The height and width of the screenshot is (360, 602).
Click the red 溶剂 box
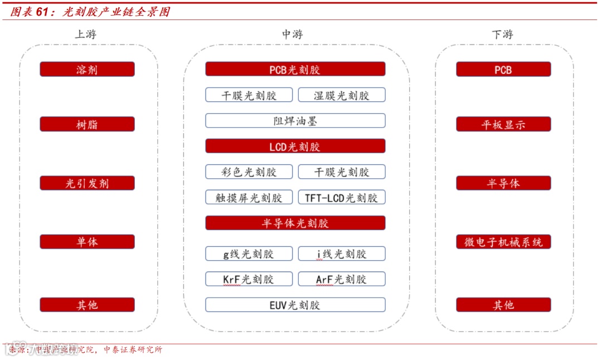(x=87, y=70)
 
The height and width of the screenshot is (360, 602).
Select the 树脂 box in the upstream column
(x=87, y=124)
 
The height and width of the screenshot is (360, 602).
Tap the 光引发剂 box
(x=87, y=183)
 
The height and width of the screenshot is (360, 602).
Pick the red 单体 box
(x=87, y=242)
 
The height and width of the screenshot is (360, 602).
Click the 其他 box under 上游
(x=87, y=305)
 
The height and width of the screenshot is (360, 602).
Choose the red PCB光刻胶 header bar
(x=295, y=70)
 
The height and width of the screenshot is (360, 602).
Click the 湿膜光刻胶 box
(x=342, y=95)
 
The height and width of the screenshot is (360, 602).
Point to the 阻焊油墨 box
(x=295, y=121)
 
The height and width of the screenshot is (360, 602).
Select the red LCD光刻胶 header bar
(x=295, y=147)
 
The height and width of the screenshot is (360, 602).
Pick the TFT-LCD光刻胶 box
(x=342, y=198)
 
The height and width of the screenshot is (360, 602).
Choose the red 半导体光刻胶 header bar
(x=295, y=223)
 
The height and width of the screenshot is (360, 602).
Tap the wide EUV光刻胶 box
(x=295, y=305)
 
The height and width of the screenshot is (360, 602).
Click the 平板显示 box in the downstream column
(x=503, y=124)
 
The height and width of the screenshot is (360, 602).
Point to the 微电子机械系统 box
(x=503, y=242)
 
